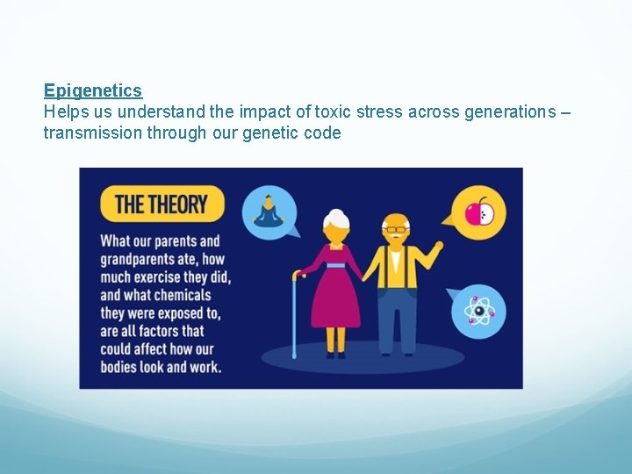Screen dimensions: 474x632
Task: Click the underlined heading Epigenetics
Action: pos(93,90)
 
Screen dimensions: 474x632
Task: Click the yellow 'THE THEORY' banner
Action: pos(162,205)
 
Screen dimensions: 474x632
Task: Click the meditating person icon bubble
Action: pos(266,211)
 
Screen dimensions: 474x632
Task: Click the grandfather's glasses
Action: pos(397,229)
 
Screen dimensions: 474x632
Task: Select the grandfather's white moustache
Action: pos(398,238)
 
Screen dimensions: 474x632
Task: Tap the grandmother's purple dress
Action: pos(335,290)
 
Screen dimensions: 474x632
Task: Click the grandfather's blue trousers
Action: pos(398,316)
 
